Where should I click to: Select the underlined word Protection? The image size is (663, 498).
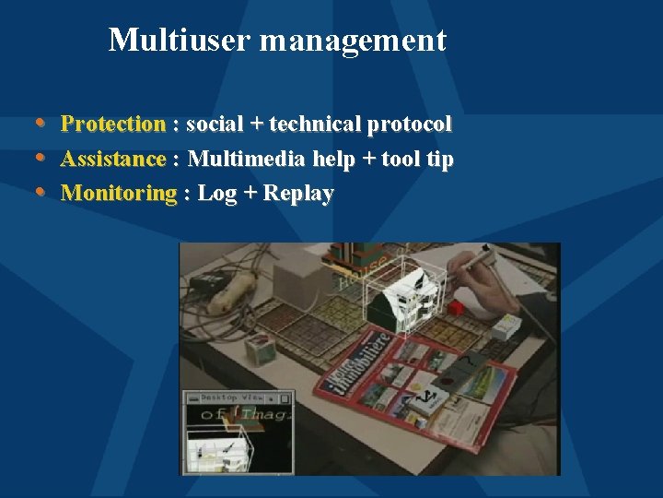[x=112, y=124]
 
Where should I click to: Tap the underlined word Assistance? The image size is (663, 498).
[x=112, y=159]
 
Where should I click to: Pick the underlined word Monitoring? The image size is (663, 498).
[x=118, y=194]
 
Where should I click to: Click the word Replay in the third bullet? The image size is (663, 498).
[x=298, y=194]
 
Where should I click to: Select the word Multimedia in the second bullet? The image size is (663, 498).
[x=246, y=159]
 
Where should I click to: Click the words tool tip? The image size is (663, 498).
[x=417, y=159]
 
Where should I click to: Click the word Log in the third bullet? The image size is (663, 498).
[x=217, y=194]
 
